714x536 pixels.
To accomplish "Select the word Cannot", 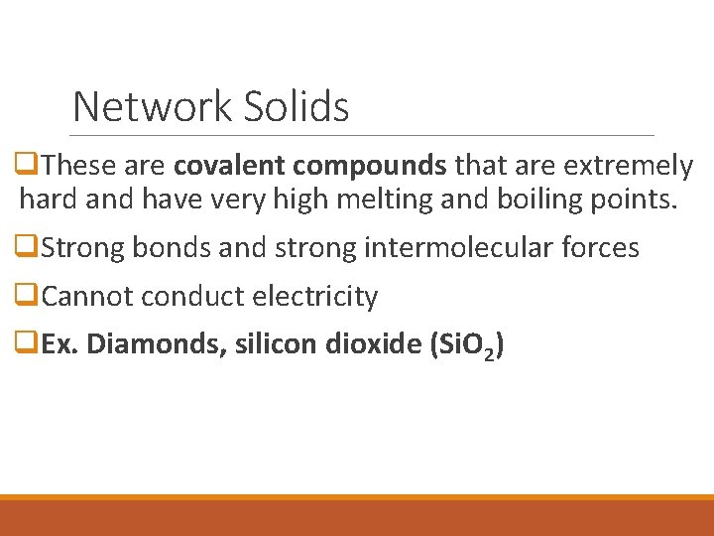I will click(88, 296).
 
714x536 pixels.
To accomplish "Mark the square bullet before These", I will click(29, 166).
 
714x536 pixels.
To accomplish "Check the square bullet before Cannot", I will click(29, 296).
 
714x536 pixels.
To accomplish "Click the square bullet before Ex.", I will click(29, 344).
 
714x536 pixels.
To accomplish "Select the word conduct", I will click(187, 296).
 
